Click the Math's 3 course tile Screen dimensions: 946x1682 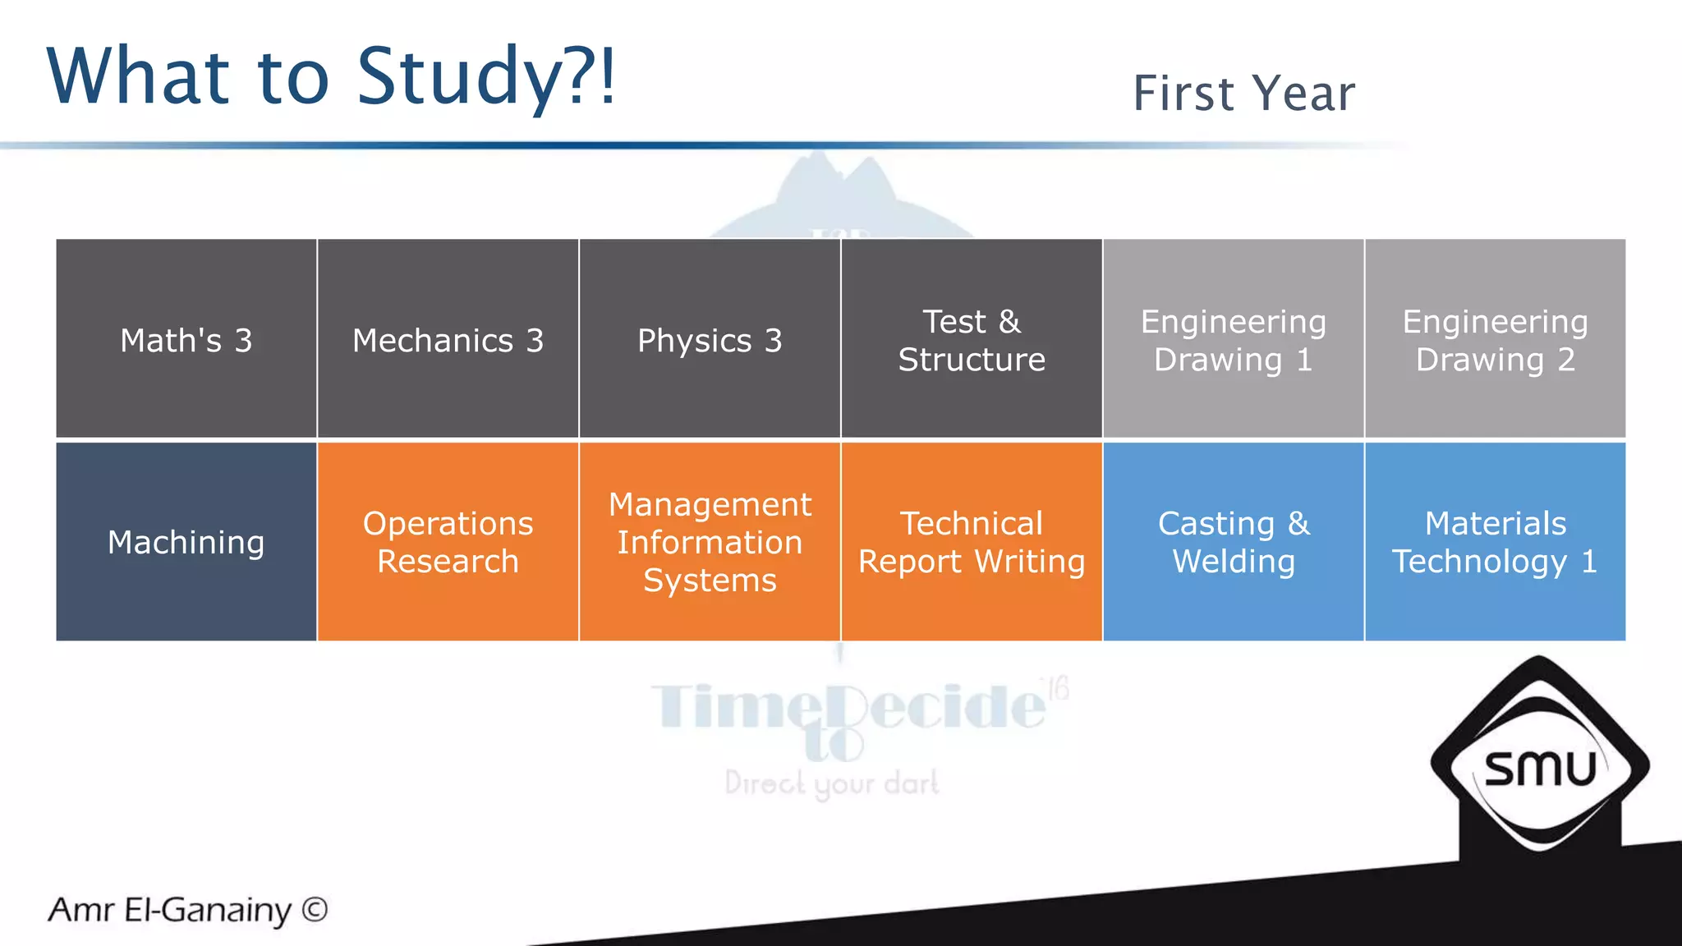(186, 339)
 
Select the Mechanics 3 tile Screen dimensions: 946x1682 (448, 339)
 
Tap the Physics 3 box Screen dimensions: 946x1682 (710, 339)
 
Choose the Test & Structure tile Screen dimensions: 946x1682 (972, 339)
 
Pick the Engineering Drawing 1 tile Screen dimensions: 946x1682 (1233, 339)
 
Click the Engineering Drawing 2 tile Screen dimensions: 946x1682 (1495, 339)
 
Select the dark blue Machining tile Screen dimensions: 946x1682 (186, 542)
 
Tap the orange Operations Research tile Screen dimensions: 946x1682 (448, 542)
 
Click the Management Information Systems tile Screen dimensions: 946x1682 (710, 542)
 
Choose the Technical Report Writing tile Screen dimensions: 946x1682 (972, 542)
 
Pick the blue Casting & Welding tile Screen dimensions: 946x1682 (1233, 542)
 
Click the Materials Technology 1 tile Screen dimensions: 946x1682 (1495, 542)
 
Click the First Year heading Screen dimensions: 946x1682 (1243, 93)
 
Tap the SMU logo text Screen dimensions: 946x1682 (1540, 769)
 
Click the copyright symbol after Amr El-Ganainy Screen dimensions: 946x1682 (315, 909)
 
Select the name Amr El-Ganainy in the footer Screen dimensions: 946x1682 (170, 910)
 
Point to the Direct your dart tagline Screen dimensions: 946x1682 (831, 783)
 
